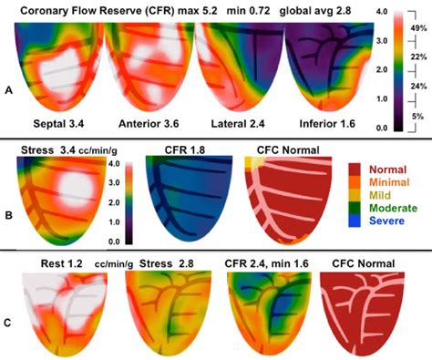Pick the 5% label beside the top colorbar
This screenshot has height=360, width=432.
418,117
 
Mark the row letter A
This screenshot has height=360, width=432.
8,90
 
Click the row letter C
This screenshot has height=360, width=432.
8,321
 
